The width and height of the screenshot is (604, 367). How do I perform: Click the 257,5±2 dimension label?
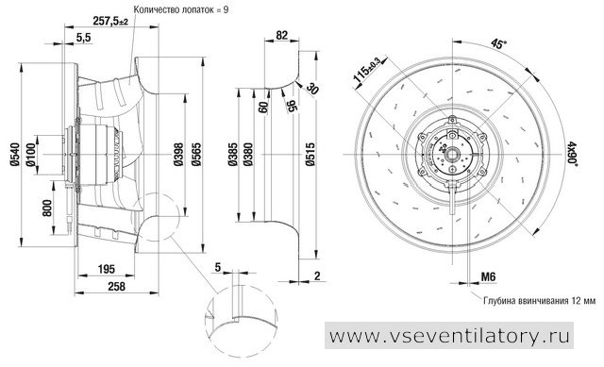(110, 21)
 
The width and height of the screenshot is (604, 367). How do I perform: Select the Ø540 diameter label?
(15, 155)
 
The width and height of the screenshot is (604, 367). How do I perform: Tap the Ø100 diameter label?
(31, 155)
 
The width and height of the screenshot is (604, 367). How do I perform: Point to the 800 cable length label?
(47, 208)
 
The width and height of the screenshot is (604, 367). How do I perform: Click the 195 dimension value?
(106, 269)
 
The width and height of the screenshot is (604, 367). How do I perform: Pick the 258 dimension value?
(116, 286)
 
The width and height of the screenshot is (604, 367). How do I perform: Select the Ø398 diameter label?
(178, 155)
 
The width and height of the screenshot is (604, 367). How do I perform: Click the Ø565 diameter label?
(196, 155)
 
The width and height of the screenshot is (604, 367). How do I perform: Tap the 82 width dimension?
(282, 35)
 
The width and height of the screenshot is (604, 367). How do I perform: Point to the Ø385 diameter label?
(232, 155)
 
